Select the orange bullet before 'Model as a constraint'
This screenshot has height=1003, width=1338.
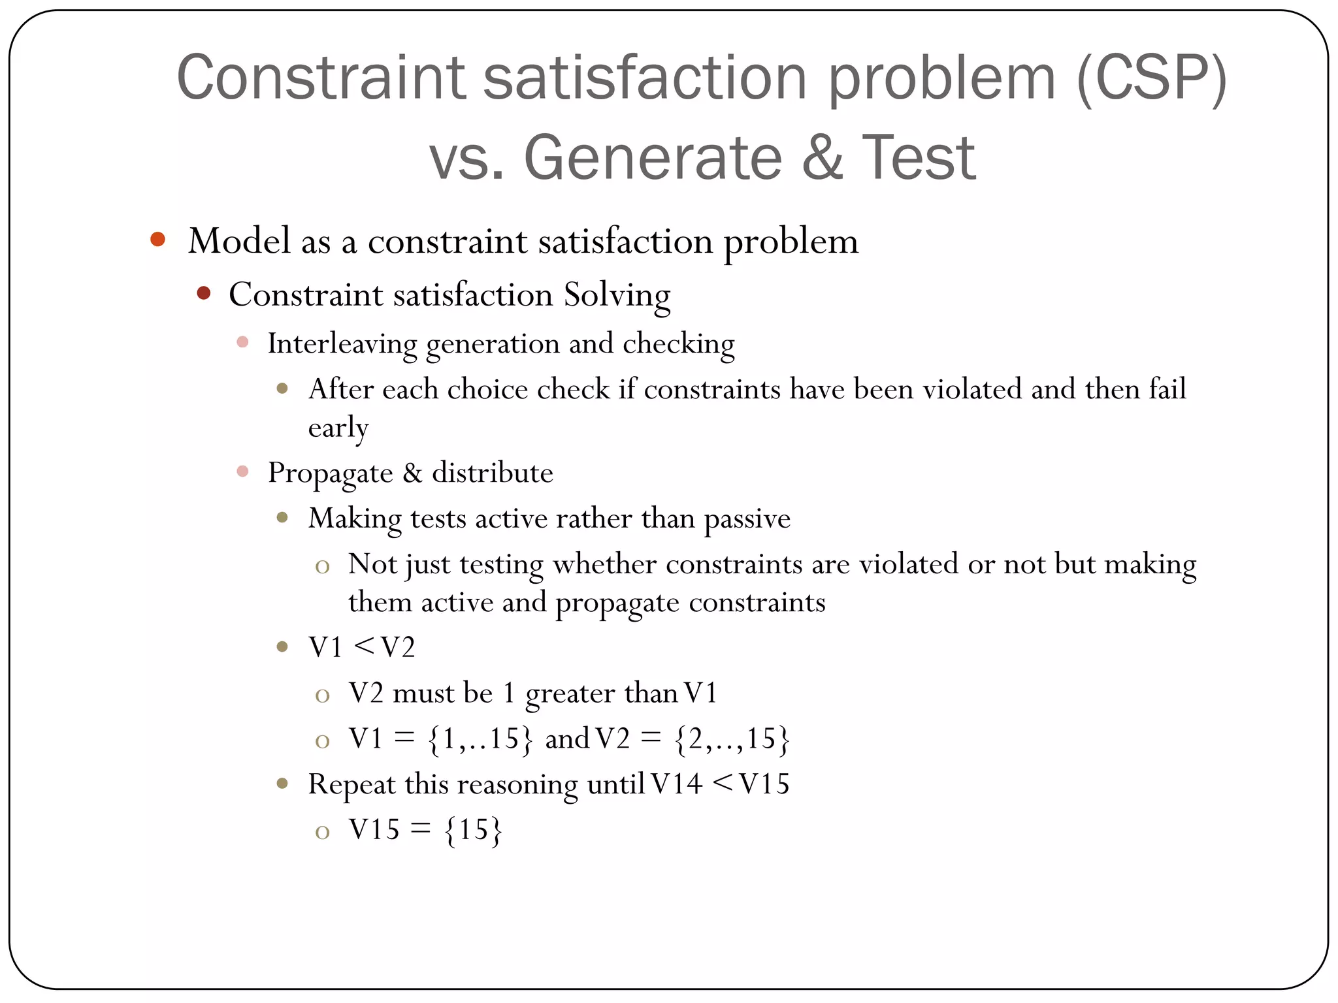click(x=157, y=239)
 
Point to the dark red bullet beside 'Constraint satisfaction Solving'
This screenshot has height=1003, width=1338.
click(x=204, y=293)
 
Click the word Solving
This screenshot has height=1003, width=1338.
click(x=617, y=295)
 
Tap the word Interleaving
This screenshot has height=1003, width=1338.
click(x=342, y=344)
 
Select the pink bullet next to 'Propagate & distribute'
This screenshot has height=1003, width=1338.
click(x=242, y=471)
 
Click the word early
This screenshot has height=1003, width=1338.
click(x=338, y=428)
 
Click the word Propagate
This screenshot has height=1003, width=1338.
click(x=330, y=473)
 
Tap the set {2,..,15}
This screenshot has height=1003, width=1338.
click(x=732, y=739)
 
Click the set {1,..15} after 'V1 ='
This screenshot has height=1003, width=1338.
click(x=480, y=739)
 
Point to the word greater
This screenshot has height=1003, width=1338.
click(x=569, y=693)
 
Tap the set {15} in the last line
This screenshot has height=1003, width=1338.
click(x=474, y=830)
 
